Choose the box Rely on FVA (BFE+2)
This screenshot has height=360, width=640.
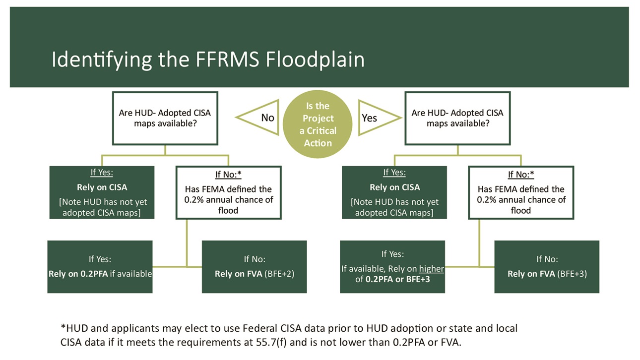[x=254, y=266]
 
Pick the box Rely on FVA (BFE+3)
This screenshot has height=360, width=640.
[x=547, y=266]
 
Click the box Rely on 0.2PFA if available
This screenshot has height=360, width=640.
[x=100, y=266]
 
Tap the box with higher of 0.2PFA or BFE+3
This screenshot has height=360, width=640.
[x=392, y=266]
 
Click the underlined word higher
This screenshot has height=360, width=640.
[x=432, y=269]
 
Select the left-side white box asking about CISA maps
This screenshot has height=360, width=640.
[x=165, y=118]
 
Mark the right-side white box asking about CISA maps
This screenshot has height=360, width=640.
[x=457, y=118]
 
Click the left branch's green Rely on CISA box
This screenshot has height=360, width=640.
[x=102, y=192]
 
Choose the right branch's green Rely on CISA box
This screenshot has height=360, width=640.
[x=394, y=192]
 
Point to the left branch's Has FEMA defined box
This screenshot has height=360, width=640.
[x=228, y=192]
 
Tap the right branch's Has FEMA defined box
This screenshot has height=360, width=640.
[x=521, y=192]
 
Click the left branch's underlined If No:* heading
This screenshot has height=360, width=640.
[x=228, y=174]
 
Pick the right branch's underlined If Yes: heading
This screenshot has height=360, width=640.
[x=394, y=173]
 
